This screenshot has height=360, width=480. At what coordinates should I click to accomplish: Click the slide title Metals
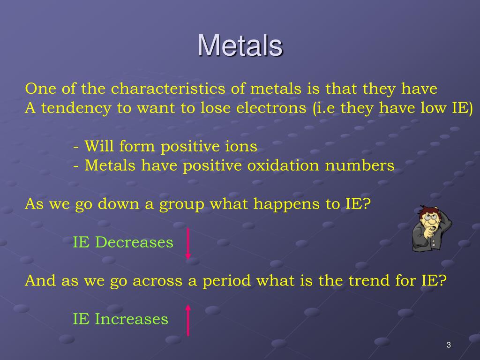(240, 45)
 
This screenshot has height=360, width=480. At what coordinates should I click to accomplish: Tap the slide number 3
(448, 345)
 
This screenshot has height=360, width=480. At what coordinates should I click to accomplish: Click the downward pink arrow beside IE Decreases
(188, 243)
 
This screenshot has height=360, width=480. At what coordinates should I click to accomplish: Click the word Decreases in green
(134, 243)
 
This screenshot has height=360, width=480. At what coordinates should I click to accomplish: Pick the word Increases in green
(131, 319)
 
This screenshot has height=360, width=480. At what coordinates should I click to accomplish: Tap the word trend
(367, 281)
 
